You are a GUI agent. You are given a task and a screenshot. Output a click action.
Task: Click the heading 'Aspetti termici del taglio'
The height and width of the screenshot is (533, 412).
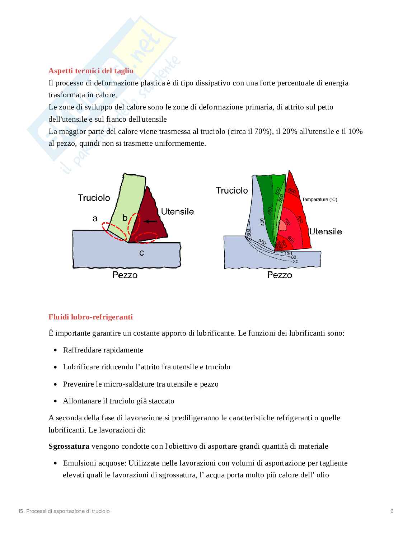coord(91,71)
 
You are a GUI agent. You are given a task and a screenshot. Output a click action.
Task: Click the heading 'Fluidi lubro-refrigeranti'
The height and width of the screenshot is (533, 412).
coord(90,317)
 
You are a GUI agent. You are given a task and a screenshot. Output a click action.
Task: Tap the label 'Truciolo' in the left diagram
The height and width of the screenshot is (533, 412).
coord(94,198)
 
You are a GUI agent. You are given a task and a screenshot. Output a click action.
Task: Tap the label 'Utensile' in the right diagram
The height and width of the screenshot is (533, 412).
coord(325,232)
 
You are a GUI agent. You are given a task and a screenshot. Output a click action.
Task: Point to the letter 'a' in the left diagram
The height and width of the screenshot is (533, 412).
coord(95,218)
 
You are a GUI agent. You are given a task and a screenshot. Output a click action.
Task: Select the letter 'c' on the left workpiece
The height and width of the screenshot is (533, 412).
coord(142,253)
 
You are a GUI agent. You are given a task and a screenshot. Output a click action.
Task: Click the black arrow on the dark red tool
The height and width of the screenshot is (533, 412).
coord(150,221)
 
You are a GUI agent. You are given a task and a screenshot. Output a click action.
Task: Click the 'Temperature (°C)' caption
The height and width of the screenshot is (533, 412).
coord(319,200)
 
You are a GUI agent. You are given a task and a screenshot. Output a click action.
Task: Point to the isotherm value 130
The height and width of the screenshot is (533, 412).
coord(288,254)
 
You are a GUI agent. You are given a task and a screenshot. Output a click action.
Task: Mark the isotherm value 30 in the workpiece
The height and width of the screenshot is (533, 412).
coord(295,261)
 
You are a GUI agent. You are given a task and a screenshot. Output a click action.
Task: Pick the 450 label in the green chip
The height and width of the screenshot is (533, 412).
coord(270,211)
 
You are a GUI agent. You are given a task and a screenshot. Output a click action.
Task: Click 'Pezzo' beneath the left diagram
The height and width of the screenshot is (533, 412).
coord(125,275)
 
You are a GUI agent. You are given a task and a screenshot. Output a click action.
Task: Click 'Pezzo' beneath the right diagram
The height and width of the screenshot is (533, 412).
coord(280,275)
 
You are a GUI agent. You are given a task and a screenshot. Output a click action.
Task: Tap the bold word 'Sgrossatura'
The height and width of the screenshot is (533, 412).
coord(69,446)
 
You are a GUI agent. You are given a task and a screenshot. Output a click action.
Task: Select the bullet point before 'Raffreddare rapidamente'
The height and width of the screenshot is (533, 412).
coord(55,350)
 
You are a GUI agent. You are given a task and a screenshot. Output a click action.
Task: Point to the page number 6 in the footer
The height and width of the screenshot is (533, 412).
coord(392,511)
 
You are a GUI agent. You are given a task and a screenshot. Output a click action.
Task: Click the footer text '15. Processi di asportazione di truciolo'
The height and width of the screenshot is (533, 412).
coord(64,511)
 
